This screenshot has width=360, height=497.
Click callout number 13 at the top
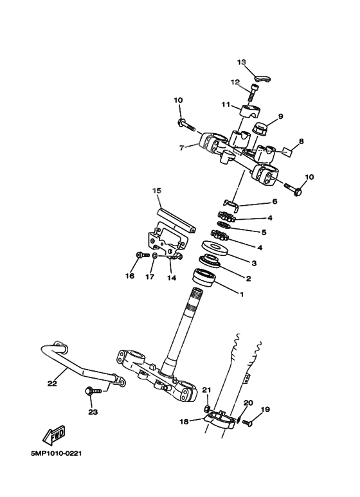point(242,62)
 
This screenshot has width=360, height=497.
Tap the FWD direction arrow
point(55,437)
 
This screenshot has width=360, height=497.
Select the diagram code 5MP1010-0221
point(56,455)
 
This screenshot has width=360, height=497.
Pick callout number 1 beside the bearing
point(241,295)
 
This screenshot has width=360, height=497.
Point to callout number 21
point(206,390)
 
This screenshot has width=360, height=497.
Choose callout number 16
point(130,276)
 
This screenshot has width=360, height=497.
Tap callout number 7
point(182,147)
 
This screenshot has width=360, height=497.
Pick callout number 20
point(249,403)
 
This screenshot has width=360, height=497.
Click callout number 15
point(156,190)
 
